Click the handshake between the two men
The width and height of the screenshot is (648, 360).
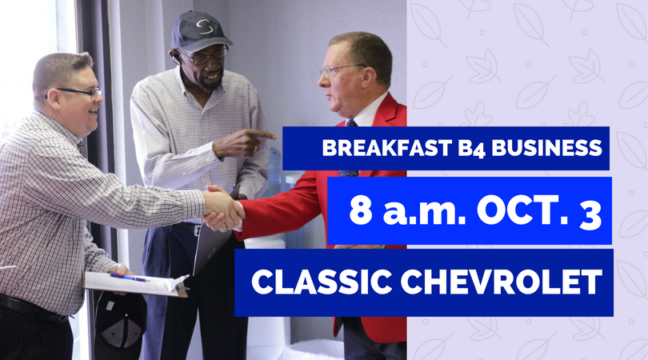click(x=223, y=208)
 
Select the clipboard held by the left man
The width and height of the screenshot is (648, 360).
click(x=136, y=282)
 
